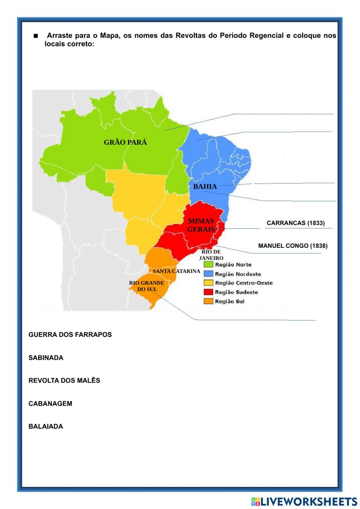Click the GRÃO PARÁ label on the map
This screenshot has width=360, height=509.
pos(125,142)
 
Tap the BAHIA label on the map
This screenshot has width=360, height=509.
pos(205,187)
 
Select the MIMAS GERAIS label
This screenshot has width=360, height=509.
pos(201,225)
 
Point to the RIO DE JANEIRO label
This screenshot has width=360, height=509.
pos(211,255)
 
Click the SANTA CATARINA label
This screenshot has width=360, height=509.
pos(176,271)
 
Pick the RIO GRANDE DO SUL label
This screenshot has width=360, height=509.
pos(147,286)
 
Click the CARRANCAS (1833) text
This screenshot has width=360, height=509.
pos(296,223)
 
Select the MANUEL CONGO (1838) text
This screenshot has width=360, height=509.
pos(293,246)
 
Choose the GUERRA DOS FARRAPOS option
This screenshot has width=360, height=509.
pos(70,335)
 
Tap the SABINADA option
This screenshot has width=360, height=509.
pos(46,358)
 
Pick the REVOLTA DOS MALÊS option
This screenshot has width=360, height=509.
pos(64,380)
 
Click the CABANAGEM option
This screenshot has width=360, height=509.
pos(50,403)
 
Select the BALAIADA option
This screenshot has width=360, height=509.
pos(46,427)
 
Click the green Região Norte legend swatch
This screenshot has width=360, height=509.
pos(208,265)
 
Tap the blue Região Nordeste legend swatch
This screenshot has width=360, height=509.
pos(208,274)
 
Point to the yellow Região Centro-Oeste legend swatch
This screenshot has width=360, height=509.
pos(208,283)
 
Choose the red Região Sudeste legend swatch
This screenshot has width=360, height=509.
pos(208,292)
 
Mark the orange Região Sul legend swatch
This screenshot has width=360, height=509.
pos(208,301)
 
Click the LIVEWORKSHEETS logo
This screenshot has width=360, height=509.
pos(304,501)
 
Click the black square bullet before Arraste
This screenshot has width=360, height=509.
pos(36,36)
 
